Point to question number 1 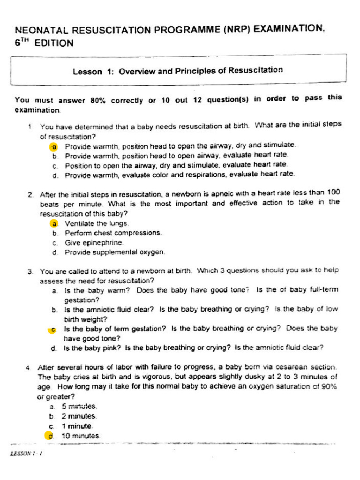(29, 126)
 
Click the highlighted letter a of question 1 (54, 146)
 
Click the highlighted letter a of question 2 (54, 224)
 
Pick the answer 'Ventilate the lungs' (97, 224)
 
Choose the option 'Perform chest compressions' (113, 233)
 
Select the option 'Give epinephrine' (94, 242)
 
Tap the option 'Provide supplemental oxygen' (115, 252)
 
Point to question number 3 (30, 271)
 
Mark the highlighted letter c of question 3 (53, 329)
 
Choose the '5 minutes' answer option (79, 406)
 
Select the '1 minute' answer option (77, 426)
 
